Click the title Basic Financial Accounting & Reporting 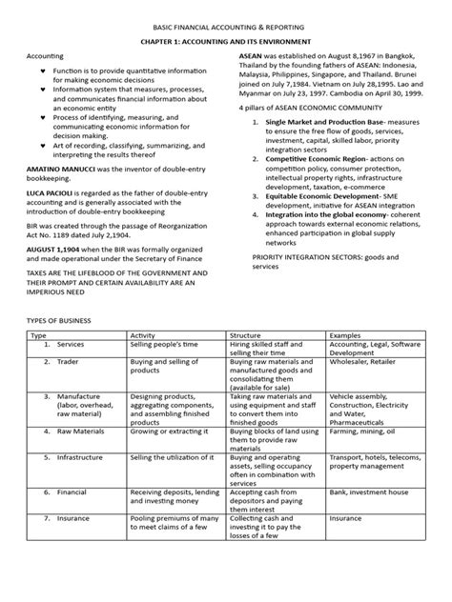pyautogui.click(x=225, y=30)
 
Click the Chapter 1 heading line pyautogui.click(x=225, y=45)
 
